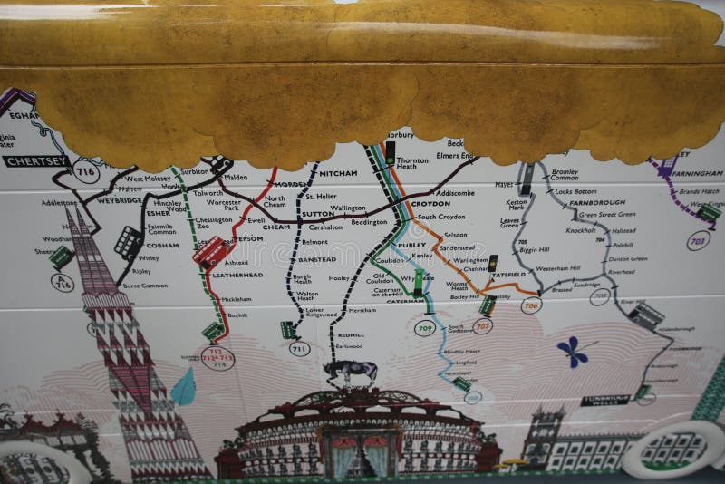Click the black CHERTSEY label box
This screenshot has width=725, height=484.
coord(37,161)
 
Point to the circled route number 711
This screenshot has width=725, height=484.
coord(299,348)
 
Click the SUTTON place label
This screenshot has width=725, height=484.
coord(317,215)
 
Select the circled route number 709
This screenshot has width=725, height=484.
coord(425,327)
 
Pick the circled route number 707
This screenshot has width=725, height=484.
coord(482,325)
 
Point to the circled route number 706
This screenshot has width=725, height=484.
coord(530,305)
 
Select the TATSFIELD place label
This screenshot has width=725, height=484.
coord(510,274)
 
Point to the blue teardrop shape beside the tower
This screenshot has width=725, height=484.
coord(184,388)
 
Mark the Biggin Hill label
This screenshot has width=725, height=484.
coord(534,249)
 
